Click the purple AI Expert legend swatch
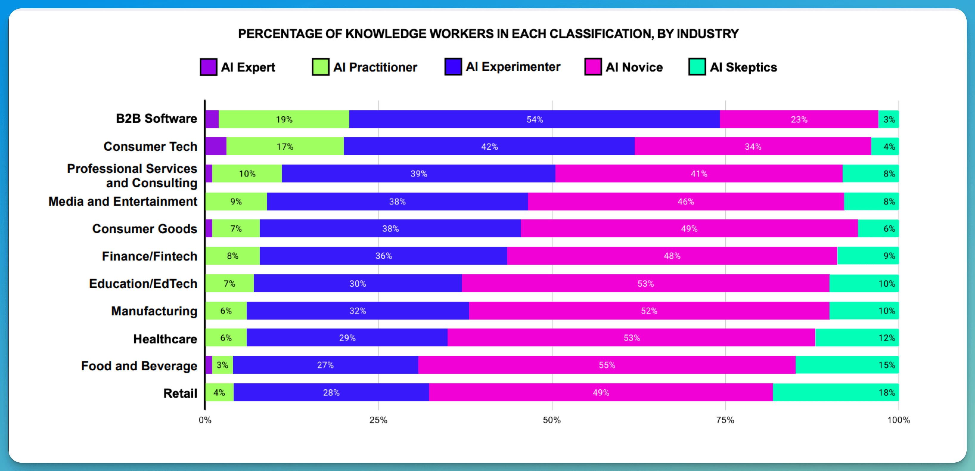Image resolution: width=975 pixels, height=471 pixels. coord(208,67)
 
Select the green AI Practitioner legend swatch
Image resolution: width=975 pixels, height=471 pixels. coord(320,67)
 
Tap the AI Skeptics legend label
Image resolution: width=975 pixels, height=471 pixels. coord(743,67)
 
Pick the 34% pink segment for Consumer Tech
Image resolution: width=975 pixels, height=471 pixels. coord(752,147)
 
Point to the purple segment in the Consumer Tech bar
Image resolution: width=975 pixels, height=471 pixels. coord(216,147)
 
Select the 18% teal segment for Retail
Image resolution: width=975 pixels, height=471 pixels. coord(835,392)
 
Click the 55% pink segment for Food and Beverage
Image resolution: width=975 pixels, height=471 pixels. coord(606,365)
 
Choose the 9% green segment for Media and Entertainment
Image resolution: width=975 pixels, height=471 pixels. coord(236,202)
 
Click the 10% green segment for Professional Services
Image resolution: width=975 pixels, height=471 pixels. coord(247,174)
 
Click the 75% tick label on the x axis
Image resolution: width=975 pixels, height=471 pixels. coord(725,420)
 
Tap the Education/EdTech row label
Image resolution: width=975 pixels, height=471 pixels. coord(143,283)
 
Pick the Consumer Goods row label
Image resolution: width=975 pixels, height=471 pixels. coord(145,229)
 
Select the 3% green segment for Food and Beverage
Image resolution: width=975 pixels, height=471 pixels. coord(222,365)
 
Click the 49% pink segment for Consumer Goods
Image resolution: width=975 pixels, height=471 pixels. coord(689,229)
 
